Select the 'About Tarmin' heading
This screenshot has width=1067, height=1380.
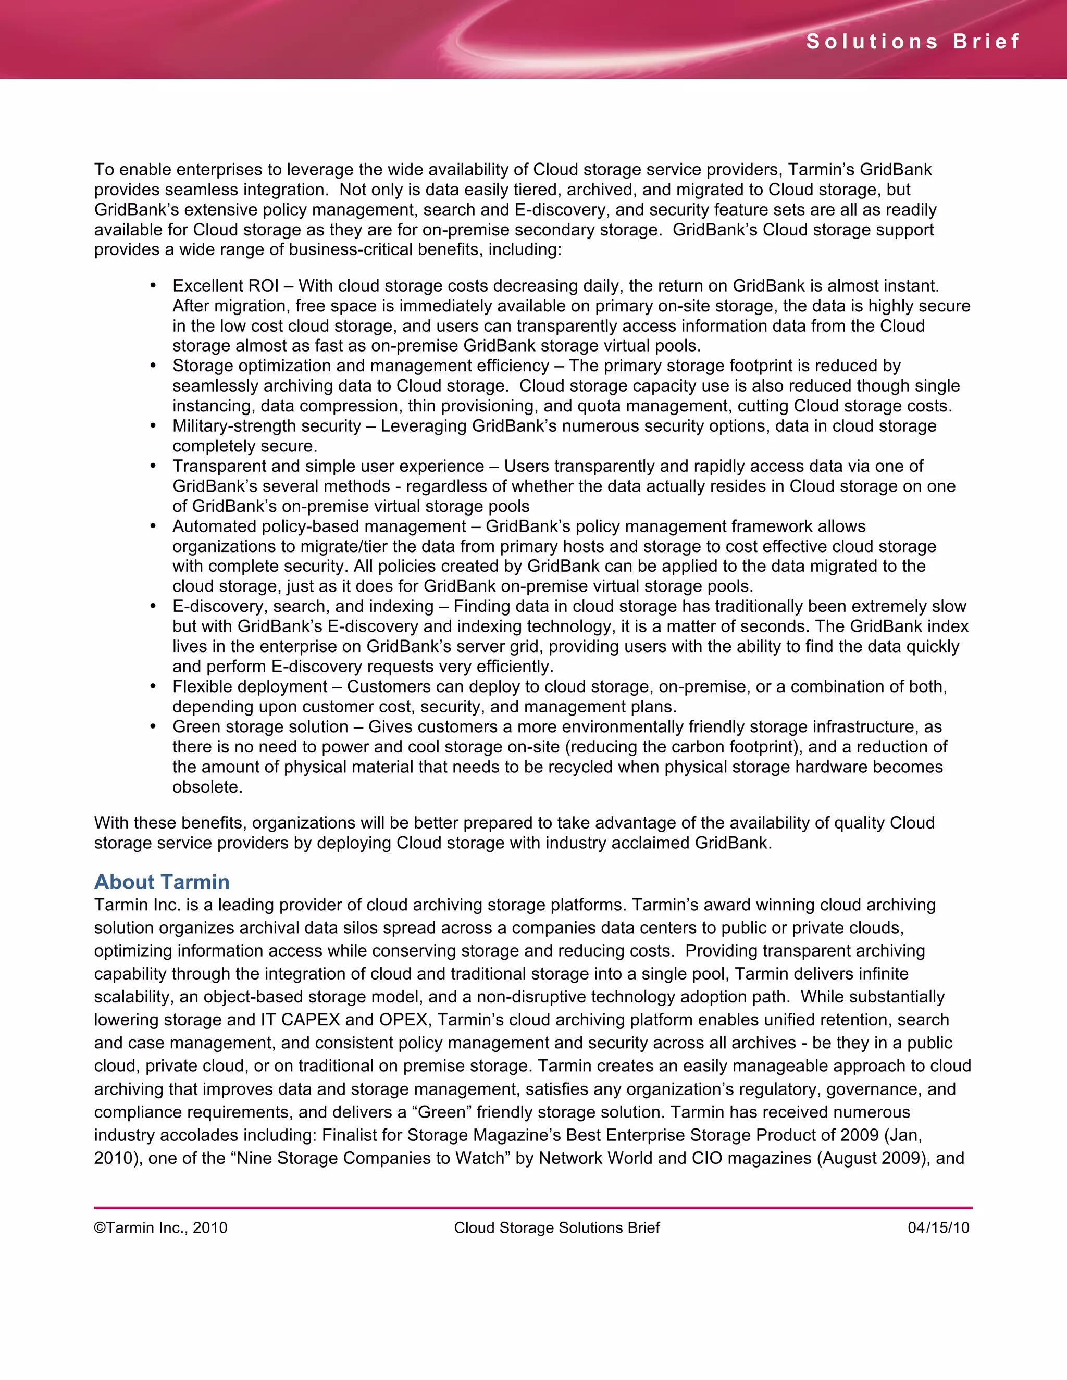tap(162, 882)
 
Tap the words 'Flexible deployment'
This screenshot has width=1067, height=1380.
tap(250, 686)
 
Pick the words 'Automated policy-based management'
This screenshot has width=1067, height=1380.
tap(319, 526)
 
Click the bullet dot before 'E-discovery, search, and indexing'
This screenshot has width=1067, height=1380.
tap(153, 606)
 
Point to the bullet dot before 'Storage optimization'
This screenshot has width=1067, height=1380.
tap(153, 366)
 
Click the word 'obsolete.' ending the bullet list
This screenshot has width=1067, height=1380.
tap(207, 787)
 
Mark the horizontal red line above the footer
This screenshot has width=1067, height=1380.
tap(533, 1208)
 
